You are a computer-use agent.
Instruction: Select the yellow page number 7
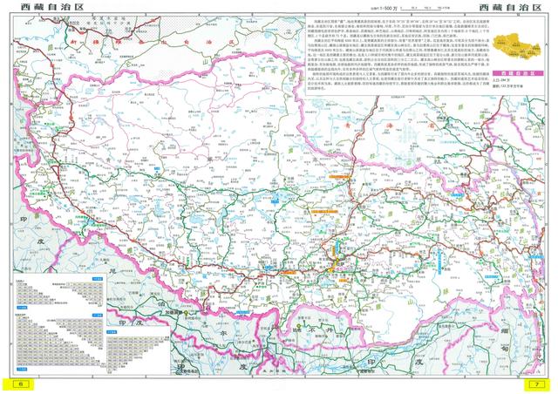coord(541,384)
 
